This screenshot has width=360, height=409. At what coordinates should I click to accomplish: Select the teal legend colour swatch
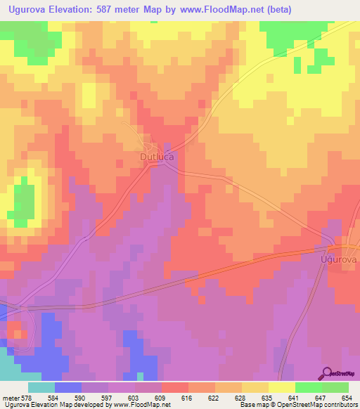[x=41, y=387]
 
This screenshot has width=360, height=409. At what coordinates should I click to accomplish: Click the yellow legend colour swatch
[x=282, y=387]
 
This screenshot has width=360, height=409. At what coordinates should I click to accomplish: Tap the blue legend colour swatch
[x=68, y=387]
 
